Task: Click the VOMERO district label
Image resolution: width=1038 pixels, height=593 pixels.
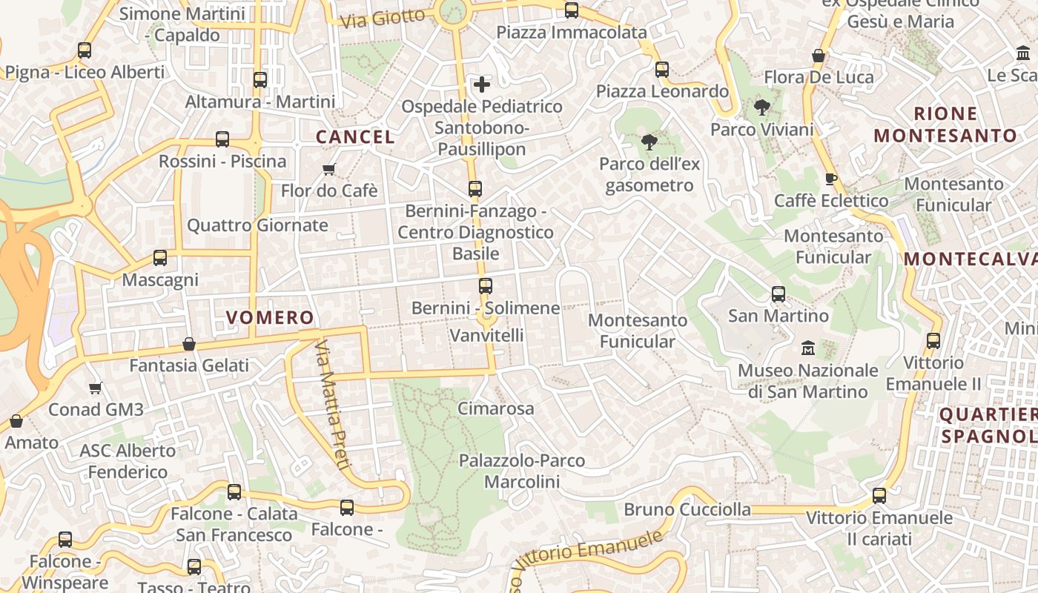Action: pos(270,318)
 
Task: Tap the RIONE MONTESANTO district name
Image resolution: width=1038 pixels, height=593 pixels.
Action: pos(945,125)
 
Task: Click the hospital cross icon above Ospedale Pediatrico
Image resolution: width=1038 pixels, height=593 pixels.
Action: pos(482,85)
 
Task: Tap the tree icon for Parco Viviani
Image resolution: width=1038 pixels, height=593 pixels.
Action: pos(761,108)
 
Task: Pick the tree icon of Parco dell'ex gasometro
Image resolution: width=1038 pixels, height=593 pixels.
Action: pos(649,142)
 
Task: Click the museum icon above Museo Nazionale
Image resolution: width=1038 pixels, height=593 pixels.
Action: pos(808,348)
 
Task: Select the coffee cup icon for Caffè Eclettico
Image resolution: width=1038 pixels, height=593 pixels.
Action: pos(831,179)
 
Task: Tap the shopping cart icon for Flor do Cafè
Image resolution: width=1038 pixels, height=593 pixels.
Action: pos(329,170)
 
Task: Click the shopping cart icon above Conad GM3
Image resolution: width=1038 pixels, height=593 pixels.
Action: pos(96,388)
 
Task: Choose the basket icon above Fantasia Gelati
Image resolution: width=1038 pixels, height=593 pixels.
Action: pos(189,344)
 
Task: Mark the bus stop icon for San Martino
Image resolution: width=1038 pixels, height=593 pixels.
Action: pos(778,294)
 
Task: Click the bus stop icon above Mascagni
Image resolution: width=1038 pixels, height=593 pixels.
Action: pos(160,258)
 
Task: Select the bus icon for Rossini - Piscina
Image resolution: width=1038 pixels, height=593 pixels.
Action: pos(222,139)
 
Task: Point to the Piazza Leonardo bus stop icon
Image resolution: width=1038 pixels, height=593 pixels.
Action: pos(662,70)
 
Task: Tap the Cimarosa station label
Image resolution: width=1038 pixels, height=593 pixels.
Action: pos(495,408)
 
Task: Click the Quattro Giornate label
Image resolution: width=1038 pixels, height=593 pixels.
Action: pos(257,225)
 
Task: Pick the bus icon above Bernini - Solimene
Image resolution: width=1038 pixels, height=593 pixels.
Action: pos(486,286)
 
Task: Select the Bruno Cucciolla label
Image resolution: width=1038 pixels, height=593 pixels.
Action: pos(687,510)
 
